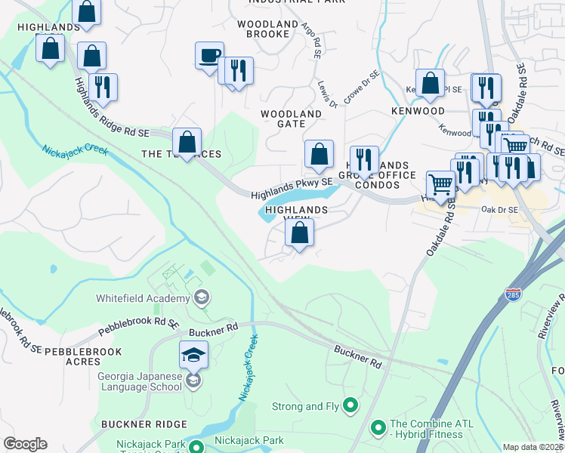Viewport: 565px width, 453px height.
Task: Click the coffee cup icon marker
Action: pyautogui.click(x=209, y=56)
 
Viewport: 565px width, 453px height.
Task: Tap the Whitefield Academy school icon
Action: pyautogui.click(x=201, y=298)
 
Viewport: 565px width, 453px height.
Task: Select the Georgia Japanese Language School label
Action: pyautogui.click(x=140, y=381)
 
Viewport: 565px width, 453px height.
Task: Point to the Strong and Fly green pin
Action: pyautogui.click(x=350, y=406)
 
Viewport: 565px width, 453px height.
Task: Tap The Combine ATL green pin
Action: pyautogui.click(x=378, y=428)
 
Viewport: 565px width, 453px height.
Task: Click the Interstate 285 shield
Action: pyautogui.click(x=513, y=293)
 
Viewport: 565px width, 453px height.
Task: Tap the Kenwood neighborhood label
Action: pyautogui.click(x=418, y=111)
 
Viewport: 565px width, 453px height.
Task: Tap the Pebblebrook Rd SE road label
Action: pyautogui.click(x=138, y=327)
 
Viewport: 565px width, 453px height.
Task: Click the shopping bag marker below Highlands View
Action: pyautogui.click(x=300, y=234)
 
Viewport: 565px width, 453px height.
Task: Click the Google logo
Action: pyautogui.click(x=25, y=444)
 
